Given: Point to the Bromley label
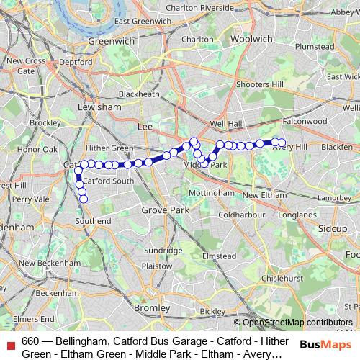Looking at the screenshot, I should click(152, 307).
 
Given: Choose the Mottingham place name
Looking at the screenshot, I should click(210, 193).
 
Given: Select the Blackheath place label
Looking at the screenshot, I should click(139, 94).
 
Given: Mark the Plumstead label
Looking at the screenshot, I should click(315, 47).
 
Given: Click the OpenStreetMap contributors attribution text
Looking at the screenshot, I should click(297, 323).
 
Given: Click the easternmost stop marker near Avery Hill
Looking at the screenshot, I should click(282, 143).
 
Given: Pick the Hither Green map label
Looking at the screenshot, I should click(112, 148).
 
